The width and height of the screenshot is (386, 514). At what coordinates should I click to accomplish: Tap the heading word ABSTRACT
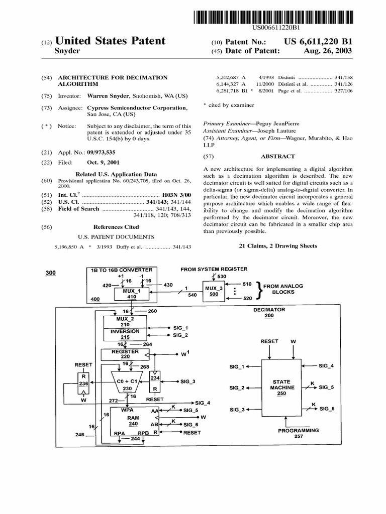[x=278, y=156]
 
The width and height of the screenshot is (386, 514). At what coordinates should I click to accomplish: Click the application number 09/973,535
[x=105, y=152]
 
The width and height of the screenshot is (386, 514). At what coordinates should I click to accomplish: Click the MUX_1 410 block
[x=132, y=293]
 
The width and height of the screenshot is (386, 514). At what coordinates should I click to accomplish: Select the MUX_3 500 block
[x=214, y=291]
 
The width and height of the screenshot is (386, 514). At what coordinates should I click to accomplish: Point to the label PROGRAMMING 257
[x=299, y=433]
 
